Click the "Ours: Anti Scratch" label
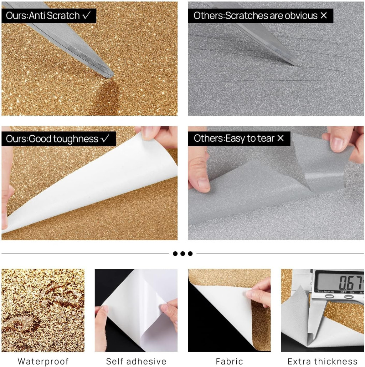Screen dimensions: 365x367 point(49,16)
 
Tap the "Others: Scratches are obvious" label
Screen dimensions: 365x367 point(260,16)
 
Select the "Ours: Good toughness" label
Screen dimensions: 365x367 point(58,139)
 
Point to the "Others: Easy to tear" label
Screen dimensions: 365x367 point(239,138)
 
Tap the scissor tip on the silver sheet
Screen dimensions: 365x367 point(297,64)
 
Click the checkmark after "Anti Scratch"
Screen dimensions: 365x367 point(86,15)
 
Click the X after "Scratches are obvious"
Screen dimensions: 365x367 point(324,15)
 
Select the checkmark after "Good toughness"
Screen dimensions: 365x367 point(105,139)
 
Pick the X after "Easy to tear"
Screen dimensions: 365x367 point(281,138)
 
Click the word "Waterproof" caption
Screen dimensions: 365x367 point(43,361)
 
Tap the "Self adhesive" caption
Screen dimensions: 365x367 point(136,361)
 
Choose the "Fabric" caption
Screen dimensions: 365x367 point(229,361)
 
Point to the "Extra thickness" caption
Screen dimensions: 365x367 point(323,361)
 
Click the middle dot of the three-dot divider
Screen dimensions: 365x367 point(183,253)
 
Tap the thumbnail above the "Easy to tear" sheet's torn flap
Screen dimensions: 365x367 point(337,143)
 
